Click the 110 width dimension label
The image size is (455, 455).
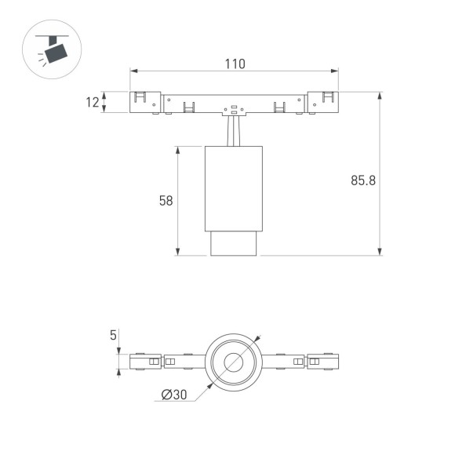pyautogui.click(x=234, y=64)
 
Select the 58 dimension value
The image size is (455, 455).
pyautogui.click(x=166, y=201)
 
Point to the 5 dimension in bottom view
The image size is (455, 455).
pyautogui.click(x=113, y=335)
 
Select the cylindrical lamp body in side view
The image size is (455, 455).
pyautogui.click(x=233, y=188)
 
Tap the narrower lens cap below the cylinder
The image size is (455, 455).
pyautogui.click(x=233, y=243)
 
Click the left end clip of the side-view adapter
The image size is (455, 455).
pyautogui.click(x=141, y=102)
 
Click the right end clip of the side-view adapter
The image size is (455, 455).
pyautogui.click(x=326, y=102)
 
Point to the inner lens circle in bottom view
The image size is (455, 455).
pyautogui.click(x=234, y=362)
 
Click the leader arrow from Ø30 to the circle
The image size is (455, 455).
pyautogui.click(x=202, y=390)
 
